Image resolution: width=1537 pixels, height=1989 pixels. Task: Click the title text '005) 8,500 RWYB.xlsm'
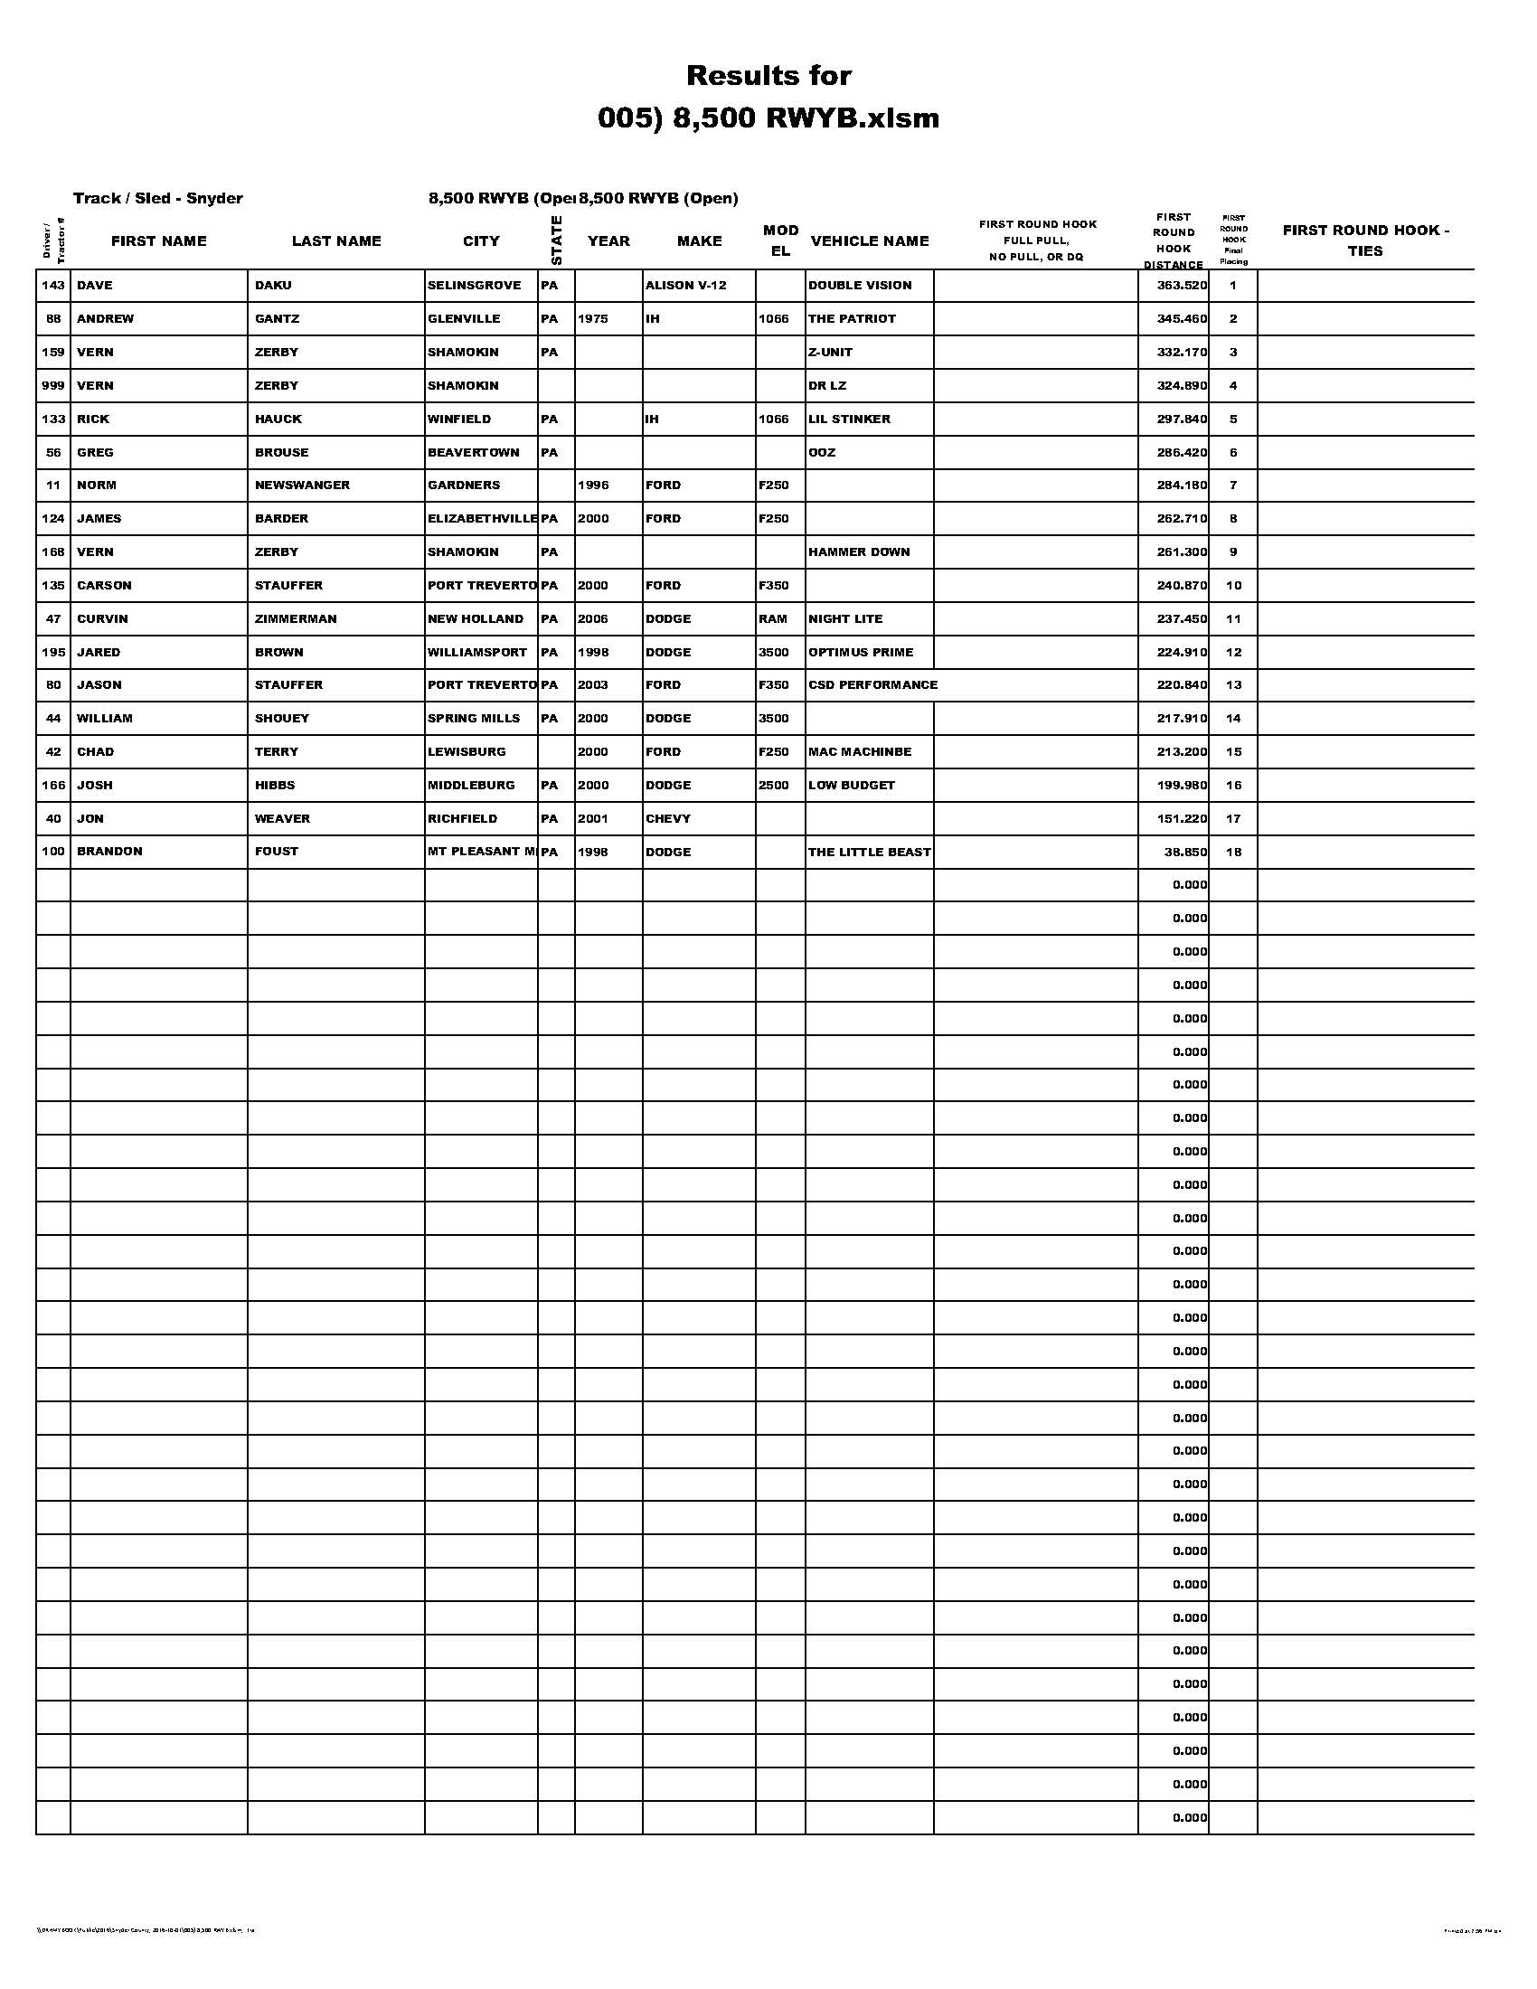pyautogui.click(x=768, y=118)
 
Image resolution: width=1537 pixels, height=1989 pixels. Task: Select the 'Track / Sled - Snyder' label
pyautogui.click(x=157, y=199)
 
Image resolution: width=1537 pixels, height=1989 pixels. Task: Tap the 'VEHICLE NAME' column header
pyautogui.click(x=869, y=241)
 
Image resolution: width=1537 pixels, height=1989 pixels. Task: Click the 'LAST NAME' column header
pyautogui.click(x=336, y=241)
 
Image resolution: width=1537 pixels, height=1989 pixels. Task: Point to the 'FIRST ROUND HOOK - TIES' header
pyautogui.click(x=1365, y=240)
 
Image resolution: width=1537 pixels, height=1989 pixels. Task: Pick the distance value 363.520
pyautogui.click(x=1181, y=286)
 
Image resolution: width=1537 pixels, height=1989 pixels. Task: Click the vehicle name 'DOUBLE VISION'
pyautogui.click(x=860, y=286)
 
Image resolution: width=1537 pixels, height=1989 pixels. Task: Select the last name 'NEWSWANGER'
pyautogui.click(x=302, y=485)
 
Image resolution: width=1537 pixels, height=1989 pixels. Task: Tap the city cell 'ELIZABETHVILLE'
pyautogui.click(x=482, y=519)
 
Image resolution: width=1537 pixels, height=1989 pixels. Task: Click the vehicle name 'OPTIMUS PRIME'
pyautogui.click(x=861, y=653)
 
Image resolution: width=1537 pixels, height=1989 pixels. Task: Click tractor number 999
pyautogui.click(x=52, y=386)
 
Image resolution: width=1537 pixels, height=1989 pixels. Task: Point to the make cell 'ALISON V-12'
pyautogui.click(x=685, y=286)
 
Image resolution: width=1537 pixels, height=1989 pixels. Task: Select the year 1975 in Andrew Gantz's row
pyautogui.click(x=593, y=319)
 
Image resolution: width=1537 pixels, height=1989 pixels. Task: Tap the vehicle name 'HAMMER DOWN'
pyautogui.click(x=859, y=551)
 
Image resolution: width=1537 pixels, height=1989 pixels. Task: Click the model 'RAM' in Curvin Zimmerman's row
pyautogui.click(x=772, y=619)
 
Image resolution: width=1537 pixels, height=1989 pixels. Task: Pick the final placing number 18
pyautogui.click(x=1233, y=853)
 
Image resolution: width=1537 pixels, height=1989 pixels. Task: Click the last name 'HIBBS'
pyautogui.click(x=275, y=785)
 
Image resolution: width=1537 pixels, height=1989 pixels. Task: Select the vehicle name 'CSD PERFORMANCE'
pyautogui.click(x=872, y=685)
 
